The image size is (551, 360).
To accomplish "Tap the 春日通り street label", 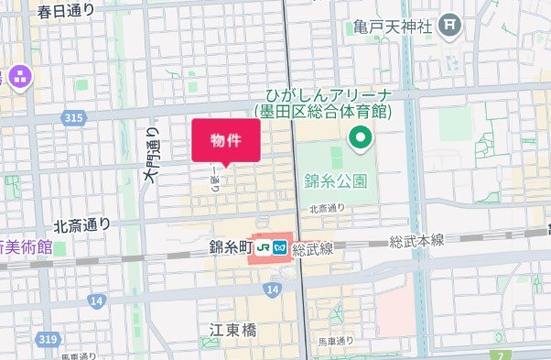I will [x=66, y=12].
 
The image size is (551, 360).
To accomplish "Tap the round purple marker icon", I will [x=18, y=77].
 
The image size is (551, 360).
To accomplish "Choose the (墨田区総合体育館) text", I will [x=323, y=112].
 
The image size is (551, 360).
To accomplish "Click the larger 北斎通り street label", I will [x=82, y=224].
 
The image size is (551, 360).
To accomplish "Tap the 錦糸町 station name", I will [x=230, y=246].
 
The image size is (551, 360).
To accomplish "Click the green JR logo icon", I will [x=264, y=247].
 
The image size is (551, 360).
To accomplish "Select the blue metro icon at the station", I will [x=281, y=247].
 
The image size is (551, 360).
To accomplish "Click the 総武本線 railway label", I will [x=416, y=240].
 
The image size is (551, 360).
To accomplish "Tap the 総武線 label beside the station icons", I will [x=313, y=248].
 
